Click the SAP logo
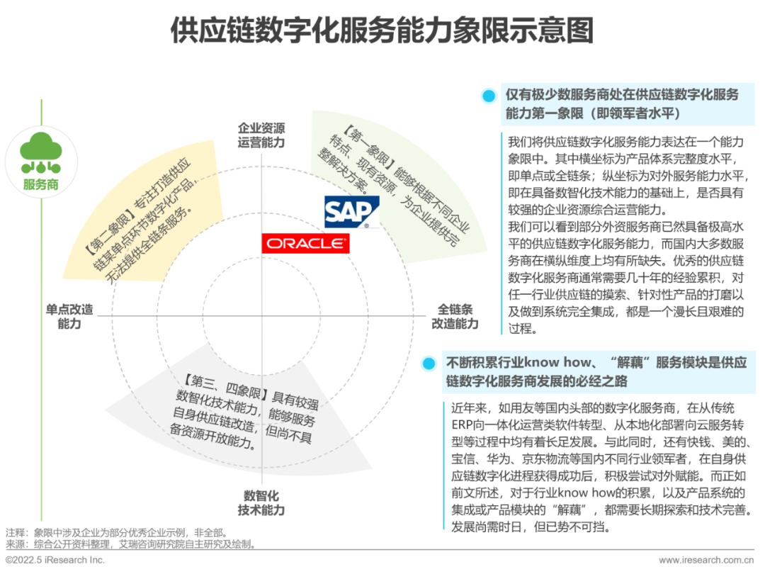tap(352, 212)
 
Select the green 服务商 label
tap(40, 185)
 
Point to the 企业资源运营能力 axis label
tap(261, 135)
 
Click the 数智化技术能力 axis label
tap(261, 502)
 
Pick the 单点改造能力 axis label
tap(69, 317)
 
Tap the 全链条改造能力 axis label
tap(455, 317)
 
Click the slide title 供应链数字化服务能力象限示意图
tap(382, 31)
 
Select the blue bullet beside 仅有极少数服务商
tap(488, 96)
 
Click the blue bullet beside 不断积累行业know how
tap(428, 364)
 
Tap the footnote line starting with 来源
tap(131, 544)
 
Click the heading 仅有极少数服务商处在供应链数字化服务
tap(621, 95)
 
